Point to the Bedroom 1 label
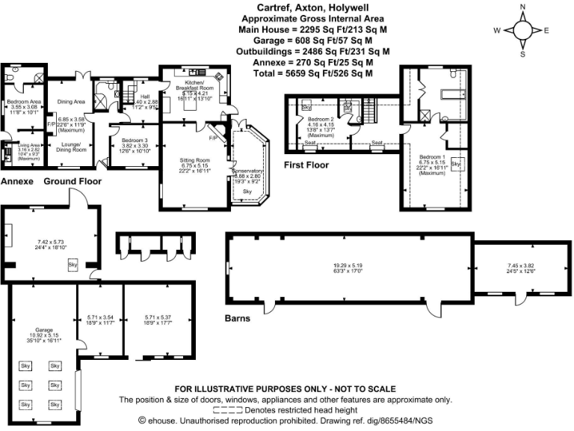[x=432, y=156]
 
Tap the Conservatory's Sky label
[x=247, y=192]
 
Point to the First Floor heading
[x=306, y=163]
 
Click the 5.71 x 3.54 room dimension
[x=99, y=317]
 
